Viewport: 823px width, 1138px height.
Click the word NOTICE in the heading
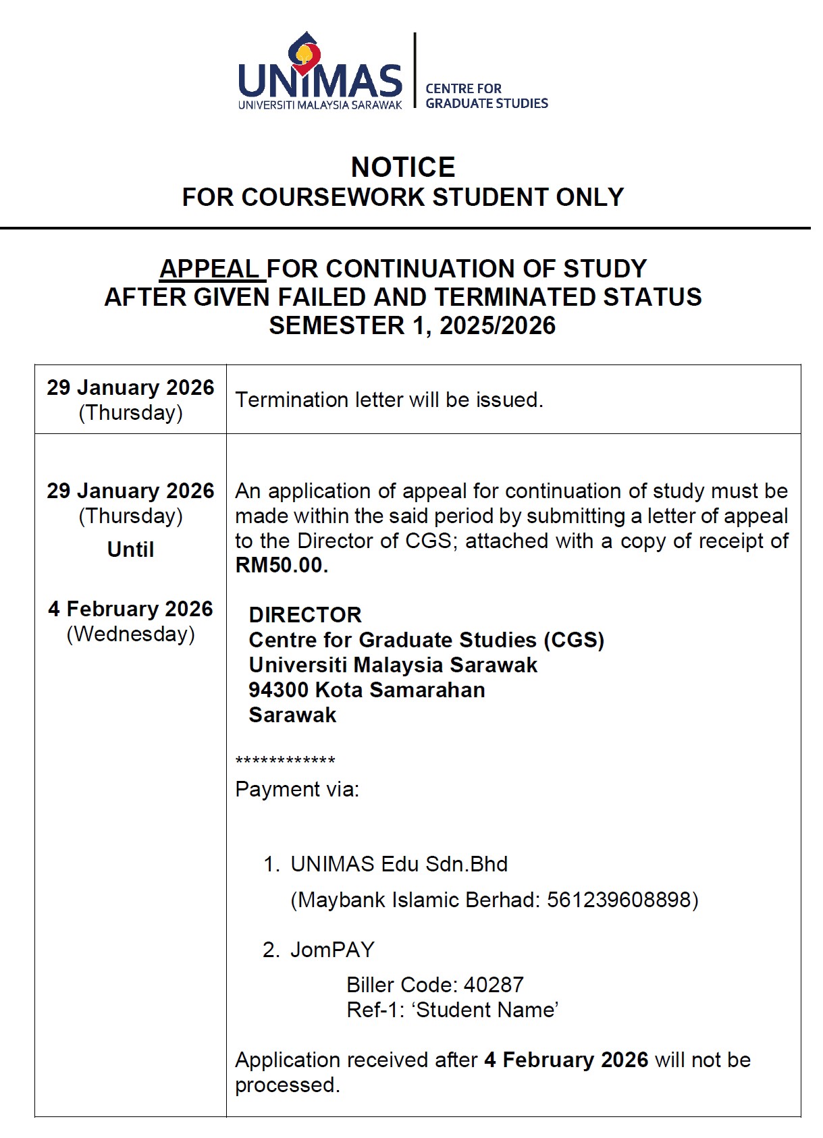click(x=403, y=167)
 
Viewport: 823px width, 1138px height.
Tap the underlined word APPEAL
click(x=210, y=269)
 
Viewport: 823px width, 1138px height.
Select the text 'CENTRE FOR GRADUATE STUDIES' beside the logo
click(x=486, y=96)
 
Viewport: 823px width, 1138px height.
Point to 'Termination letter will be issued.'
click(x=389, y=400)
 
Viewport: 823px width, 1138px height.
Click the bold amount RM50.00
click(x=281, y=565)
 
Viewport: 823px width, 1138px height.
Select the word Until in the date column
click(x=130, y=549)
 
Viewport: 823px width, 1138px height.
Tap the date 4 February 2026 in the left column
click(x=130, y=609)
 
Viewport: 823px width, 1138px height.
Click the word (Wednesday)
click(x=130, y=634)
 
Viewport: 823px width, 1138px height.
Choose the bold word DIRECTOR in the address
click(x=305, y=615)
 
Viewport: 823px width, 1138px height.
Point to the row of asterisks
click(x=285, y=761)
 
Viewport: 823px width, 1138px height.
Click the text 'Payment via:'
click(x=297, y=789)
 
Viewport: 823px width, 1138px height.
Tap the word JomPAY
click(x=332, y=950)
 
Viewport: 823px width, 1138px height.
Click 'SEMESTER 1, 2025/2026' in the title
click(x=412, y=325)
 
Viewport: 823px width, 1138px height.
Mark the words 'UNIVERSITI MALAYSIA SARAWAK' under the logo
click(x=320, y=105)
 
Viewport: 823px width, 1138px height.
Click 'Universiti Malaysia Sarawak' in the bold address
click(x=393, y=665)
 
